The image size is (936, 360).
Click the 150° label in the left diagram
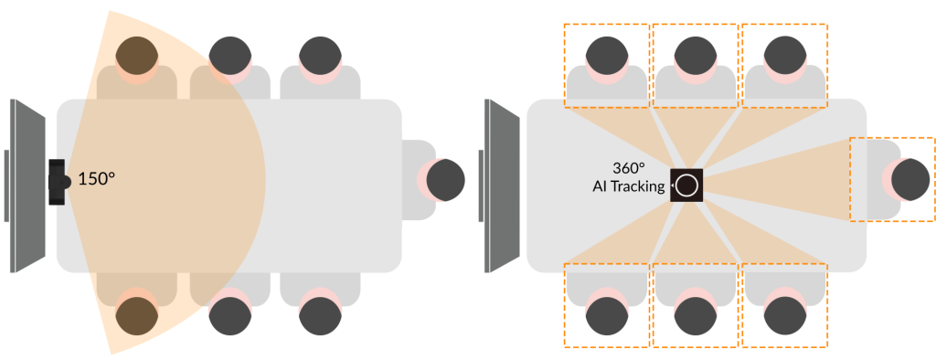click(x=96, y=179)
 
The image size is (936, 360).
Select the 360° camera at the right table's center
click(x=687, y=185)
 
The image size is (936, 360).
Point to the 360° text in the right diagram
click(x=629, y=168)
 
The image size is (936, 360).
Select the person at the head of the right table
click(x=910, y=179)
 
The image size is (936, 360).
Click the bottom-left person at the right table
click(x=606, y=315)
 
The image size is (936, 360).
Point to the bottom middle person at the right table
click(x=694, y=315)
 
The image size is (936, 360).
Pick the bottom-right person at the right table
click(x=783, y=315)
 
